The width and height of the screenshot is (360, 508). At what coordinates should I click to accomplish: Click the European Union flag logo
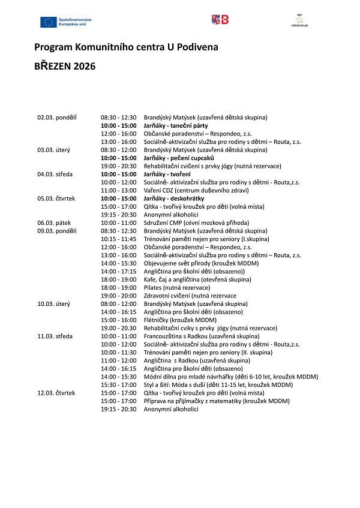coord(49,22)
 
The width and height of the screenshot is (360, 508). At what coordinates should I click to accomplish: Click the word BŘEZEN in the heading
coord(53,66)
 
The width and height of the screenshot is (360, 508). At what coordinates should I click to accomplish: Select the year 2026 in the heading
coord(85,66)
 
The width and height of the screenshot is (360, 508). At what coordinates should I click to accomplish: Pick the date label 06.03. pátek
coord(54,223)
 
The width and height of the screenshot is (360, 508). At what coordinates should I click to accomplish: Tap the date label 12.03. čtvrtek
coord(56,393)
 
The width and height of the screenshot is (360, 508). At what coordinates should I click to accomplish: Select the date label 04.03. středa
coord(55,174)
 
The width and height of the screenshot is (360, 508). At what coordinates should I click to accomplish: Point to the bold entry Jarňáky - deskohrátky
coord(174,198)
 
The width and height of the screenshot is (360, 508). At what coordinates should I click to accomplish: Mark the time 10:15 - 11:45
coord(119,239)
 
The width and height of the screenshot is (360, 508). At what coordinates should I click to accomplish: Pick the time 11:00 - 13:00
coord(119,190)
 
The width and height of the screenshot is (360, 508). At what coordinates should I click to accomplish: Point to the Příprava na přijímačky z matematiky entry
coord(217,401)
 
